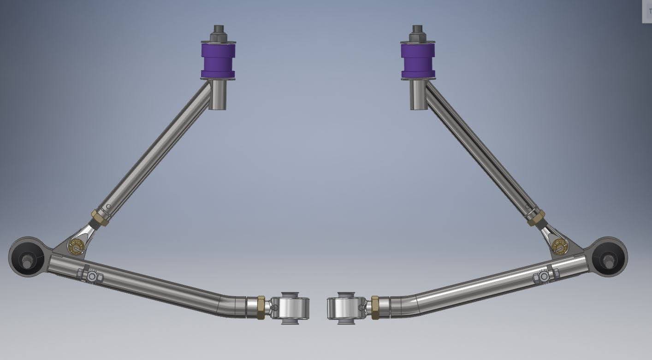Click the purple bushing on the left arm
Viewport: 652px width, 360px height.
(218, 60)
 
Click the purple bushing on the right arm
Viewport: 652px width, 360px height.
(418, 60)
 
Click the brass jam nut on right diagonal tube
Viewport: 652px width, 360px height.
(536, 218)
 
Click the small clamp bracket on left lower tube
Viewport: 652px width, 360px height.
(92, 276)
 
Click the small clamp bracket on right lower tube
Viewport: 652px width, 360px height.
(544, 276)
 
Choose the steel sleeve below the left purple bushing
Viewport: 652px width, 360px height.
(218, 95)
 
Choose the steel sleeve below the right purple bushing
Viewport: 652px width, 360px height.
(418, 95)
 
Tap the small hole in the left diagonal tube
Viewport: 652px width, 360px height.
(108, 207)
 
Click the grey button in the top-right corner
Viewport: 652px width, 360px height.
(647, 11)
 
